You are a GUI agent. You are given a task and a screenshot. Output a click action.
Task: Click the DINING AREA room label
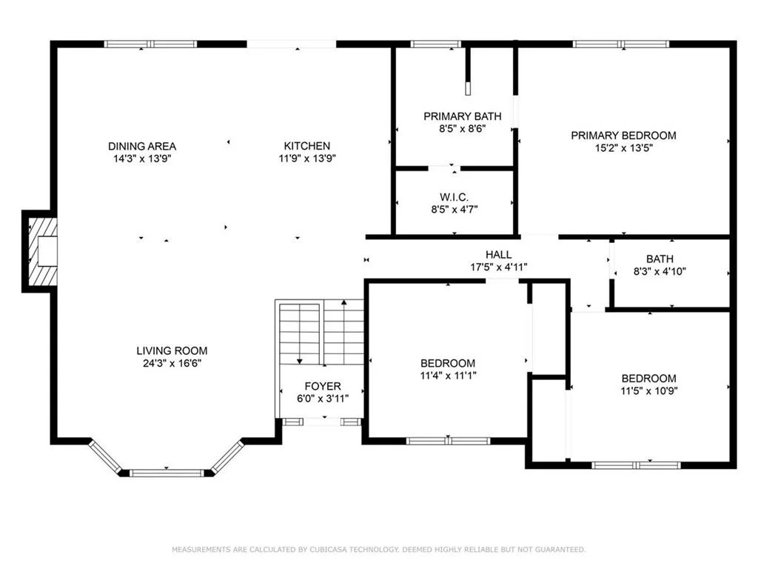142,146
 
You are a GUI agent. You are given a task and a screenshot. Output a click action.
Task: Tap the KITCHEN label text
307,146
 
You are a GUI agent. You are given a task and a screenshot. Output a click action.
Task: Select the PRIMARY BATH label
462,116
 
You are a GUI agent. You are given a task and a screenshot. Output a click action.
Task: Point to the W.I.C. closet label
454,197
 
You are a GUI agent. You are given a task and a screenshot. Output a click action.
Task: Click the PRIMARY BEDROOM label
623,136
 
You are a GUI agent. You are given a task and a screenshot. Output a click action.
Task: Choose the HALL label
498,255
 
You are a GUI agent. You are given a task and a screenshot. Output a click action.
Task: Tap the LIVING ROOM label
172,350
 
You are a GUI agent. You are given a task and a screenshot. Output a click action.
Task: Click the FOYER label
323,386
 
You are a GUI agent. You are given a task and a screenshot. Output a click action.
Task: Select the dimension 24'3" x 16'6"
172,363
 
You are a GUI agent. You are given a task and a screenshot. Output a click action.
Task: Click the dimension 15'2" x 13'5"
623,148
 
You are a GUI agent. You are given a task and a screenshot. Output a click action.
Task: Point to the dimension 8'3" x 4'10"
660,271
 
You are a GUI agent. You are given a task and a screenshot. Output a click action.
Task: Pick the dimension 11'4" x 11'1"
448,376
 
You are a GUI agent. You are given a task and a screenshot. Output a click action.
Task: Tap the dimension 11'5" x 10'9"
648,391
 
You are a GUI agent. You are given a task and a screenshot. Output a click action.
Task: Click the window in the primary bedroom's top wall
621,44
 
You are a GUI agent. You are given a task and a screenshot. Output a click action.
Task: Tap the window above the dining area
151,44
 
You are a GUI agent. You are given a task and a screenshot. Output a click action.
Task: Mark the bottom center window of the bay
167,473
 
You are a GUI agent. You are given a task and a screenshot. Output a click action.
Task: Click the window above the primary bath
436,44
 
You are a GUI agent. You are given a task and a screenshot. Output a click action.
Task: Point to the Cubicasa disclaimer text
379,549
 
